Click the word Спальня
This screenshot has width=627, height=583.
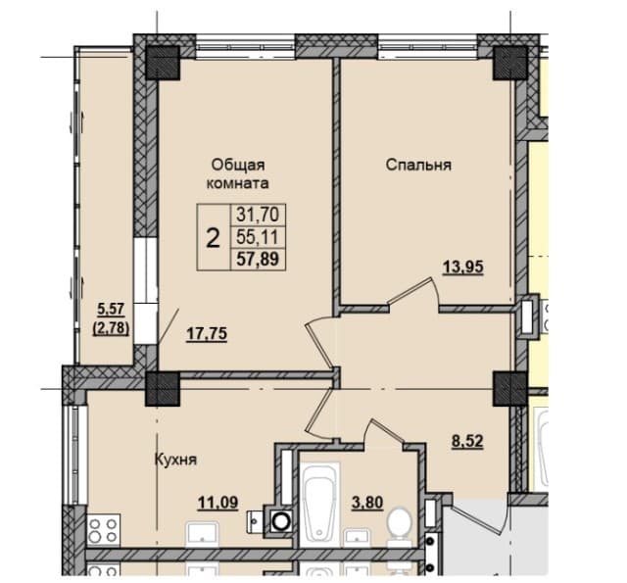coord(418,165)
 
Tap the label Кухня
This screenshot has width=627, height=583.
coord(175,460)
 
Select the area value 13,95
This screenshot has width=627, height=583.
coord(462,267)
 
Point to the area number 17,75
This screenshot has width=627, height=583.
coord(207,333)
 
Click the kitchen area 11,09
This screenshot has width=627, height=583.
coord(218,503)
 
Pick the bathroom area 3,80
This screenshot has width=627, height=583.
coord(367,502)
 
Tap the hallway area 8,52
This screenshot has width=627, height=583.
coord(467,442)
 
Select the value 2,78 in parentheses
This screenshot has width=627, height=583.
coord(111,328)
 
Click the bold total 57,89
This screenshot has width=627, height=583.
coord(258,259)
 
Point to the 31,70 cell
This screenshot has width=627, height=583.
coord(258,215)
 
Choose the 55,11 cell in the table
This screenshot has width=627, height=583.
coord(258,237)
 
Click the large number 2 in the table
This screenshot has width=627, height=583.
coord(214,238)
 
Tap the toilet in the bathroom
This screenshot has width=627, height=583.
coord(401,524)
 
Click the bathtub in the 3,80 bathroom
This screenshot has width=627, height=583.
coord(319,505)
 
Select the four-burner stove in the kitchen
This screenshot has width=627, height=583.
coord(103,530)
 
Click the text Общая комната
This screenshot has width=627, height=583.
coord(237,174)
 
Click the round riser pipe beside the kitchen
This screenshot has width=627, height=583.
coord(281,521)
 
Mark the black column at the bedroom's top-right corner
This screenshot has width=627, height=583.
coord(509,63)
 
